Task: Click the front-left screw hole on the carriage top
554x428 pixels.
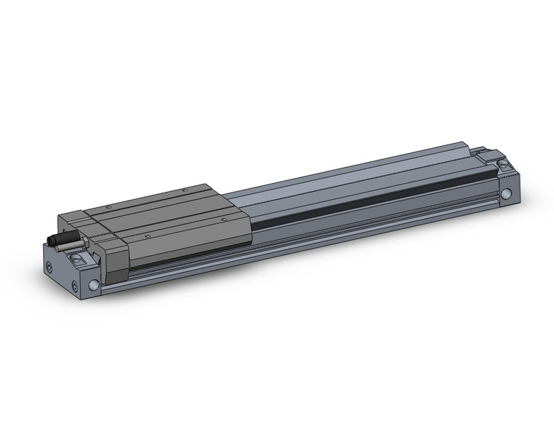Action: click(x=147, y=236)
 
